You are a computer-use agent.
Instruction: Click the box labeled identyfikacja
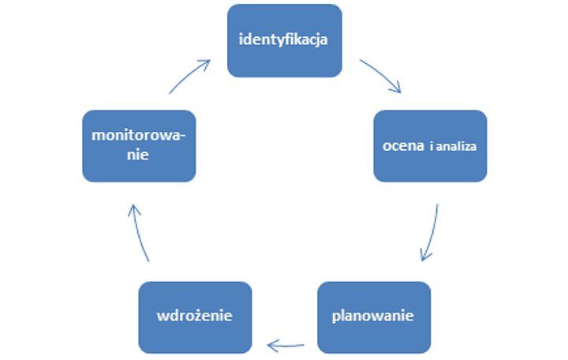(x=285, y=40)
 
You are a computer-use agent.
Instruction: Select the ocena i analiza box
(x=430, y=146)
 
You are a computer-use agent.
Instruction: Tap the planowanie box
(x=374, y=317)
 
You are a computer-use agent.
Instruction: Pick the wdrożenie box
(x=195, y=317)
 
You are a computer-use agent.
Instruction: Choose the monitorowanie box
(x=139, y=146)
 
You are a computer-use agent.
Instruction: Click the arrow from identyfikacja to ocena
(x=382, y=75)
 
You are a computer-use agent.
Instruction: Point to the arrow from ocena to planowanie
(x=432, y=234)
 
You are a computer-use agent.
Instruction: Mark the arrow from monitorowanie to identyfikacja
(x=189, y=76)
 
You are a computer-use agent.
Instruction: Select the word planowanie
(x=373, y=317)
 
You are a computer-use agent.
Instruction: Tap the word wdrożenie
(x=195, y=317)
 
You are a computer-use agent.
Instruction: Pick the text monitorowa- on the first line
(x=139, y=135)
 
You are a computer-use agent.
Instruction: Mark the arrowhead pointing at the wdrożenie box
(x=271, y=344)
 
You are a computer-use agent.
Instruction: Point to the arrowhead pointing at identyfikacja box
(x=207, y=62)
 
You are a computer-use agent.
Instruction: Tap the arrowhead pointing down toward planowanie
(x=425, y=256)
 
